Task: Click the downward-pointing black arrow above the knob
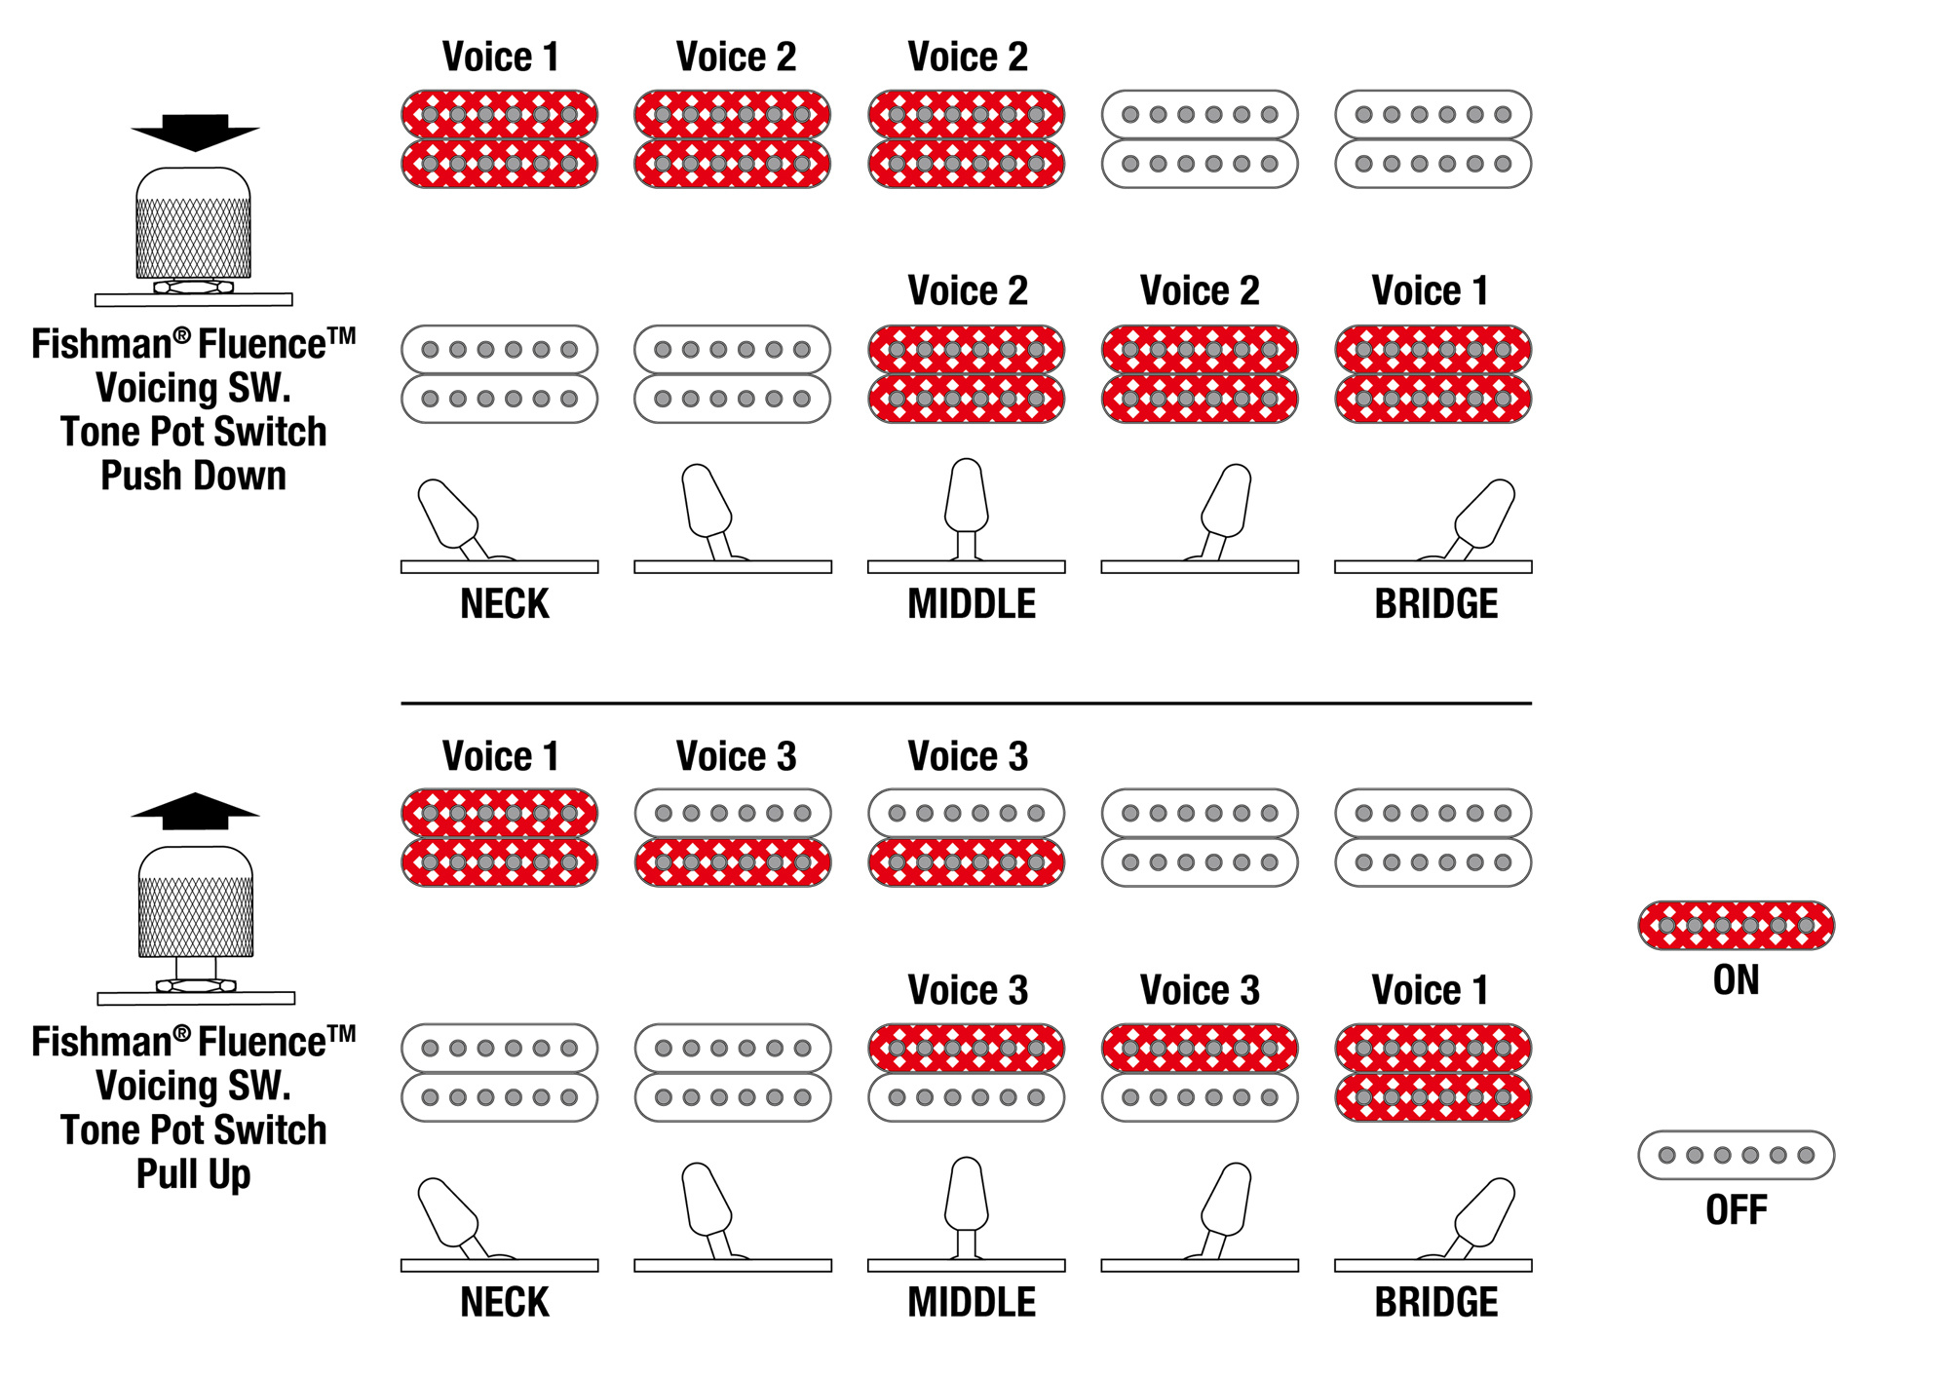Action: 195,133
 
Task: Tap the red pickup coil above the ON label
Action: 1736,925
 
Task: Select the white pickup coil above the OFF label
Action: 1736,1155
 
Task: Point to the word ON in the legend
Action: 1736,980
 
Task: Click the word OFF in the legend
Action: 1736,1210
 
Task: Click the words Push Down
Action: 193,477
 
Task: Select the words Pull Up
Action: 193,1174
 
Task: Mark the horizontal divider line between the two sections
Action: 966,703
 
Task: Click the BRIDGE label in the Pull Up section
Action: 1435,1302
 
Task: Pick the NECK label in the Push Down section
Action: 504,604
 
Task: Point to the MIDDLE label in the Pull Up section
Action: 971,1302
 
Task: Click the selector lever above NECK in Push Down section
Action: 448,514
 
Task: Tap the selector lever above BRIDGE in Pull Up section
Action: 1483,1211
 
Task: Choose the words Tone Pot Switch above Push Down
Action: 193,432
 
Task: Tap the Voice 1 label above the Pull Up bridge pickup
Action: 1430,990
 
